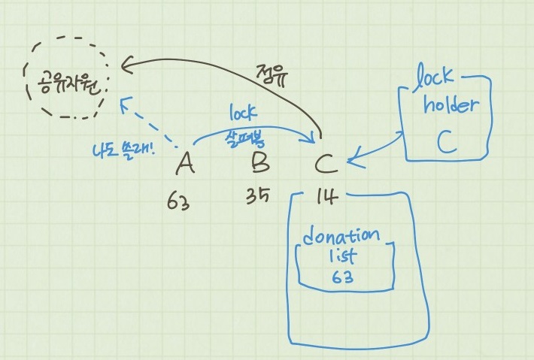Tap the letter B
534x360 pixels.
coord(259,162)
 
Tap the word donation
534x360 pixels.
coord(342,235)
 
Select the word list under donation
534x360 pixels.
coord(343,256)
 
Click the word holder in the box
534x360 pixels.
coord(451,104)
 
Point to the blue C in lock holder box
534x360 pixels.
coord(446,142)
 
